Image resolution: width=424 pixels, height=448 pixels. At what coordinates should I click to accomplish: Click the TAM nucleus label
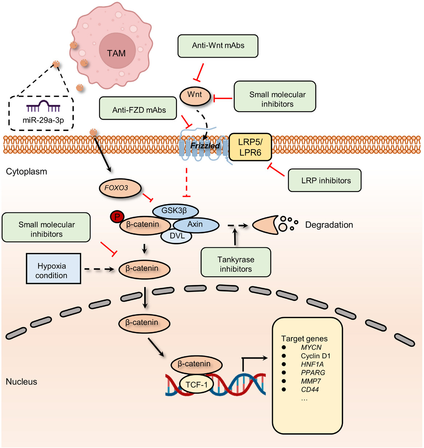point(116,53)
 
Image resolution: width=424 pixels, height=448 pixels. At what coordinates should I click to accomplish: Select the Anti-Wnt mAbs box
point(218,46)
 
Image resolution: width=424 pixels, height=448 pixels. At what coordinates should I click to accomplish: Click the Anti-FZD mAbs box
point(138,108)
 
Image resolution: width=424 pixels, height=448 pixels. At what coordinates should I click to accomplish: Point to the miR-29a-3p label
point(43,120)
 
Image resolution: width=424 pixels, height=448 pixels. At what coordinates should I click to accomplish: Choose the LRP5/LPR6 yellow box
point(250,147)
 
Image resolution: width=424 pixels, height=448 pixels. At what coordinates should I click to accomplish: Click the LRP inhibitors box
point(324,180)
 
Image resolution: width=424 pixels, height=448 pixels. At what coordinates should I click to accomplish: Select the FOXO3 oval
point(120,188)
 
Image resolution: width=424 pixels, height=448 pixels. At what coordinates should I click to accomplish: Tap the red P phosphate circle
point(117,216)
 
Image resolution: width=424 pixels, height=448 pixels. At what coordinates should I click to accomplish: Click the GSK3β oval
point(175,211)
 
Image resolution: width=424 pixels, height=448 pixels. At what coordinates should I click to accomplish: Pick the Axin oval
point(196,225)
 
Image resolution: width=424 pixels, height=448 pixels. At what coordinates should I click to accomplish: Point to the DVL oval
point(176,236)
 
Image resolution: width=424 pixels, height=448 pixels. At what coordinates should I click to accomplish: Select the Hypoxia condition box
point(54,269)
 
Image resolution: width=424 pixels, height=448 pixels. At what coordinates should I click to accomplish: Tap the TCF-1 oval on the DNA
point(196,385)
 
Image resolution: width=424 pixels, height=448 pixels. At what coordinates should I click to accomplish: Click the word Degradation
point(329,225)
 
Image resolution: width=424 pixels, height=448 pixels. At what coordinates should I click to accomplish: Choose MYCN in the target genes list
point(311,347)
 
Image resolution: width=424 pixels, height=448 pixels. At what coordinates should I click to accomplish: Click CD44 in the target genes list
point(310,389)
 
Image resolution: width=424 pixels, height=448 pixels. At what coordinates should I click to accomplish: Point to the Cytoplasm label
point(27,172)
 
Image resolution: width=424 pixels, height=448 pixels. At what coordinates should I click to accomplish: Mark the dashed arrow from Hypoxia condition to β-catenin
point(99,269)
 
